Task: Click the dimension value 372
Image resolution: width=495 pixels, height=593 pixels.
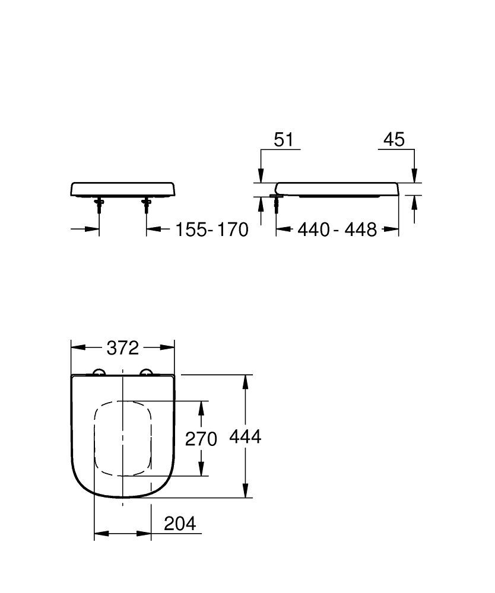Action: [122, 347]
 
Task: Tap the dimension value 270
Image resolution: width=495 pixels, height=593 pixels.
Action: [201, 438]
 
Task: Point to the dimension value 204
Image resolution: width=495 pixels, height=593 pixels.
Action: [179, 524]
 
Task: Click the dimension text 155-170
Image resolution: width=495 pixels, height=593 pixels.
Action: [211, 229]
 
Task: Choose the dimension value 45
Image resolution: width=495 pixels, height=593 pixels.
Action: [394, 139]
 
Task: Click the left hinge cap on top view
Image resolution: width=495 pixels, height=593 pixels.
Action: [99, 372]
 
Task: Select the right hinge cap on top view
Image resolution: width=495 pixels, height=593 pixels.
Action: [145, 372]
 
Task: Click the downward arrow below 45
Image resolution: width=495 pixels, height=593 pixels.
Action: [415, 174]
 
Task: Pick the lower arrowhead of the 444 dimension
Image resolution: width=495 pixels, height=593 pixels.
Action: [245, 491]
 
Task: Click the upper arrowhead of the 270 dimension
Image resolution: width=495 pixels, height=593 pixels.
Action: [202, 407]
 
